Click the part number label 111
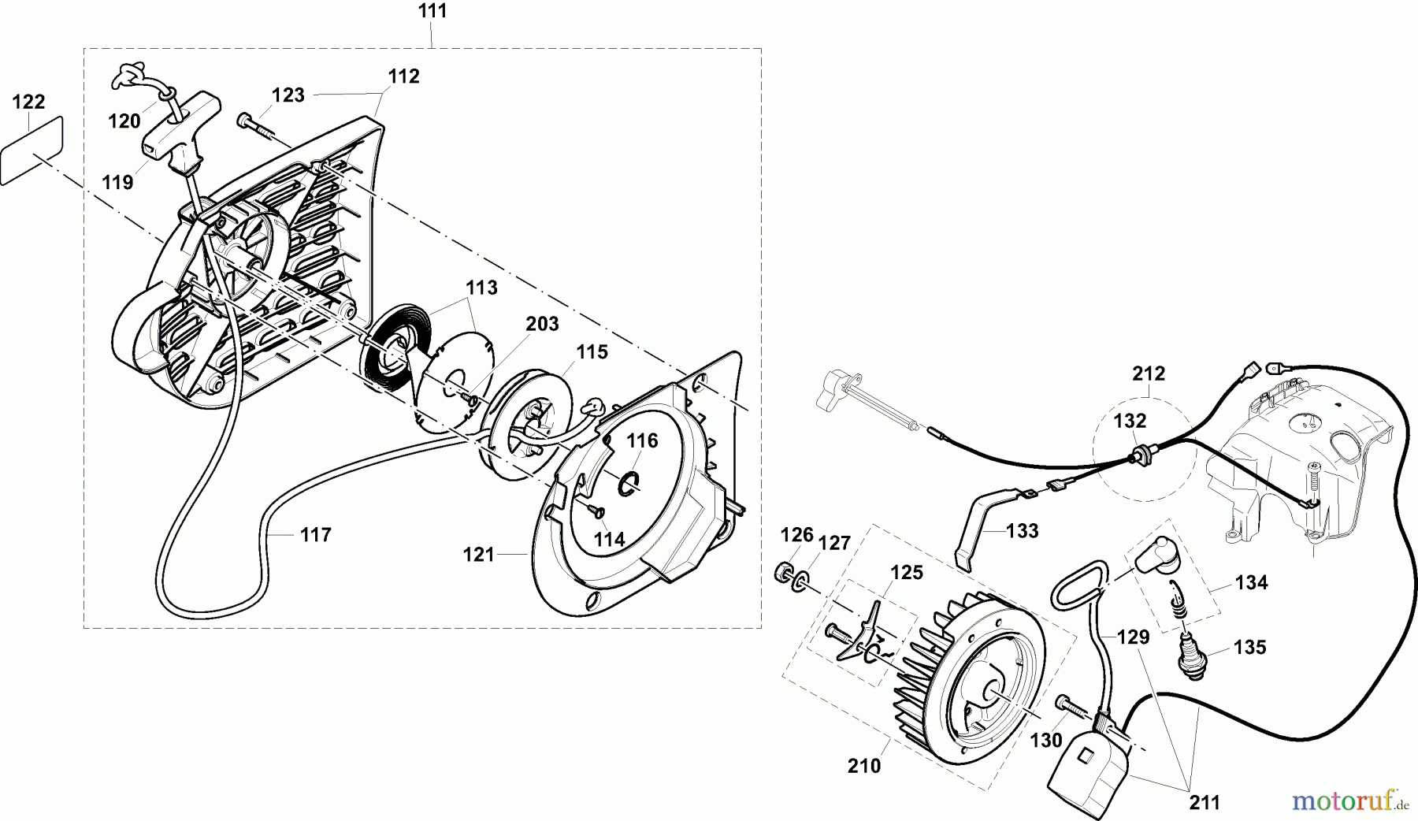pyautogui.click(x=432, y=11)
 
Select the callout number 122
pyautogui.click(x=29, y=102)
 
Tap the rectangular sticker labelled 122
pyautogui.click(x=33, y=152)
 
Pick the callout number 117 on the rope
pyautogui.click(x=316, y=535)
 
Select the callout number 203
pyautogui.click(x=542, y=324)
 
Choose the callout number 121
pyautogui.click(x=479, y=555)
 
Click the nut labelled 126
pyautogui.click(x=784, y=570)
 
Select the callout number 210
pyautogui.click(x=864, y=765)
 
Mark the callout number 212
pyautogui.click(x=1149, y=373)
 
